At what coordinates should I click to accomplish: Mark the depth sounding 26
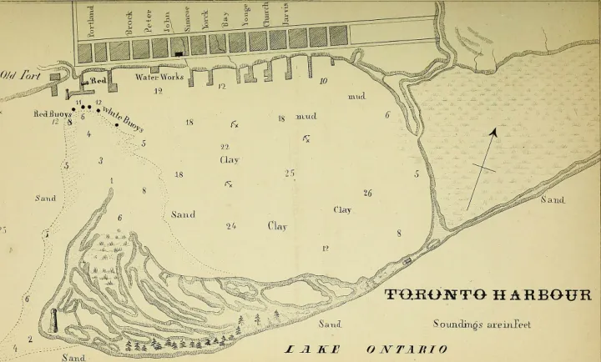pyautogui.click(x=367, y=194)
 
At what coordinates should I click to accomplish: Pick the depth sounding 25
pyautogui.click(x=289, y=173)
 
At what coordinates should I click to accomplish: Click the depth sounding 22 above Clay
pyautogui.click(x=225, y=147)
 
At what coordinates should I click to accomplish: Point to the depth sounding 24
pyautogui.click(x=230, y=226)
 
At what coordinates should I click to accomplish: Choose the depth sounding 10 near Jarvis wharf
pyautogui.click(x=323, y=81)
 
